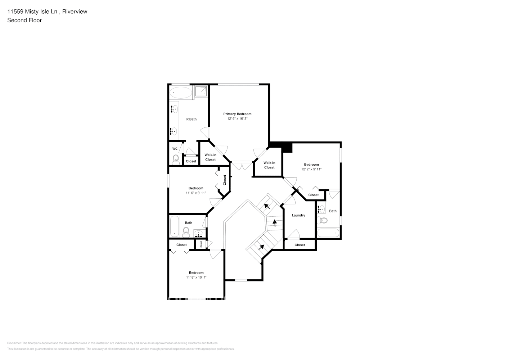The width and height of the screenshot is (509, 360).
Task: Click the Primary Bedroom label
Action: point(237,114)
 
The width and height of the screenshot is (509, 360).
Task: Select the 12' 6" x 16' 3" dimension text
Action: point(237,119)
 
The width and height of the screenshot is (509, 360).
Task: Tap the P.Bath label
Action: point(191,119)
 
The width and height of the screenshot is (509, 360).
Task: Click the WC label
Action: point(175,149)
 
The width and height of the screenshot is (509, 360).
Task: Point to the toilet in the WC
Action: point(176,159)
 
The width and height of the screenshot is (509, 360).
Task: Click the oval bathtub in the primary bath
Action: point(181,93)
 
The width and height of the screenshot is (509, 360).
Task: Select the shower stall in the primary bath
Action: point(202,91)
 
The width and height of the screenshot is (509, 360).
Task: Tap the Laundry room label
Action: point(298,215)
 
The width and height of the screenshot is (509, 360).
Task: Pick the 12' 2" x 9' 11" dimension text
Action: point(311,169)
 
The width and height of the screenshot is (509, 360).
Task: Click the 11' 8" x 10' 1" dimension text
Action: point(196,278)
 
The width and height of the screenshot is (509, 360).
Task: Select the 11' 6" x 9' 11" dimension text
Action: point(196,193)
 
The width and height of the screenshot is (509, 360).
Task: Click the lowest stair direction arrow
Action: point(261,247)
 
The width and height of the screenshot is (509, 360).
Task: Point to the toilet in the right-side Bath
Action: point(323,220)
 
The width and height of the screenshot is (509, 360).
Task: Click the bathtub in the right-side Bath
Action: point(328,233)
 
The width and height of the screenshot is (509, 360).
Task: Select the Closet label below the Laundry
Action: point(299,245)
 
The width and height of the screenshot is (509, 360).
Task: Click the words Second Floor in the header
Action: point(24,20)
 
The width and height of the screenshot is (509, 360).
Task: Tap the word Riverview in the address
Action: point(75,12)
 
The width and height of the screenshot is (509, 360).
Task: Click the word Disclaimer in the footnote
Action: point(14,343)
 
